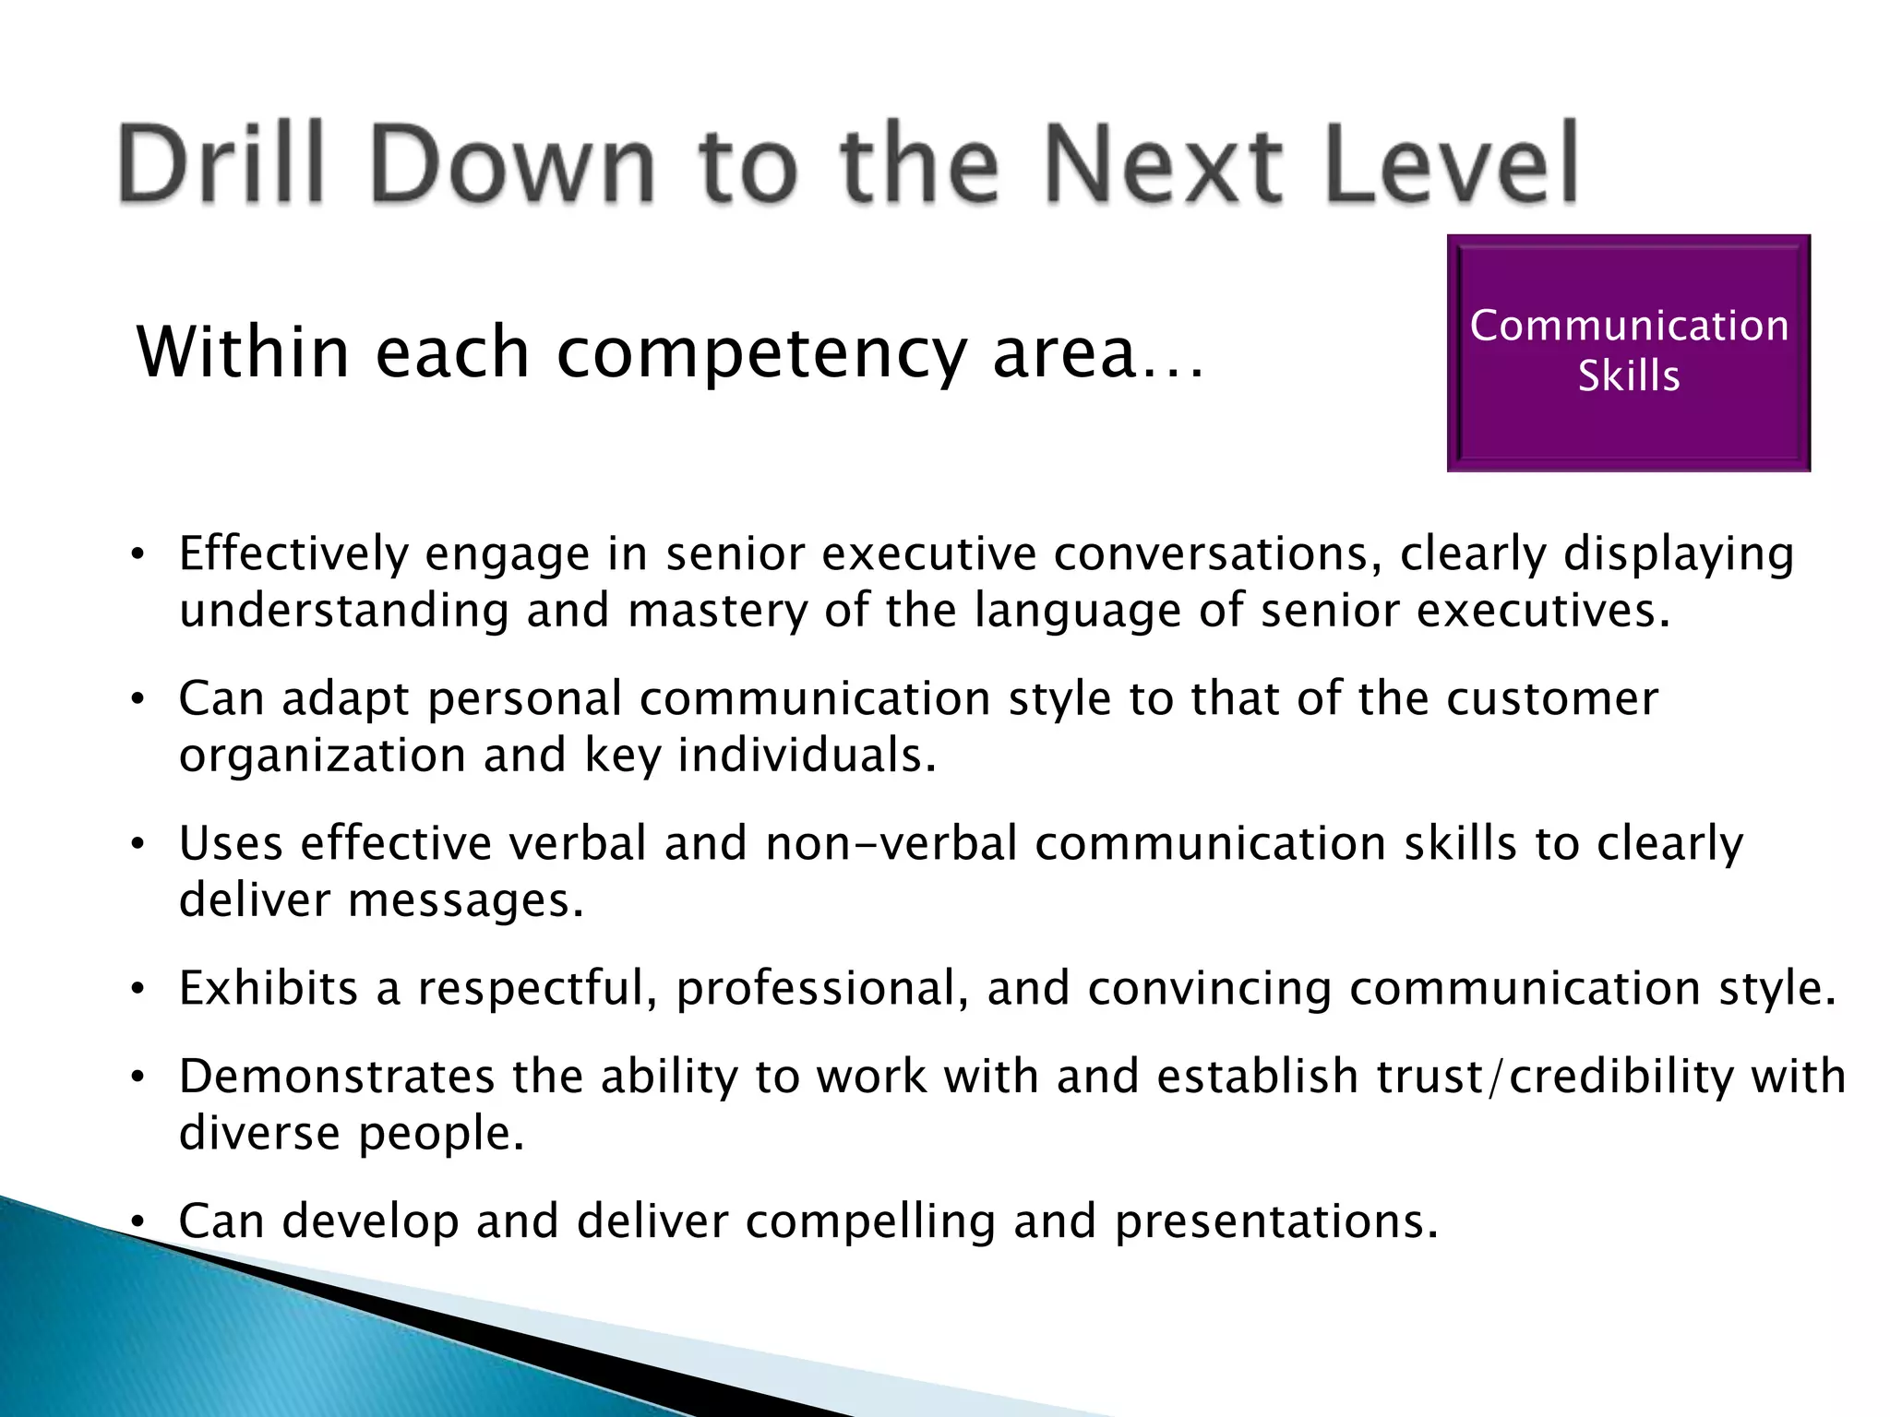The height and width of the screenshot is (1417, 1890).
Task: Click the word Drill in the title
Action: click(x=222, y=164)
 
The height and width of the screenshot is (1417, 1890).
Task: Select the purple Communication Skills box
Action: click(x=1628, y=352)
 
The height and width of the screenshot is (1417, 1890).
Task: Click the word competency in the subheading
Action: click(x=762, y=354)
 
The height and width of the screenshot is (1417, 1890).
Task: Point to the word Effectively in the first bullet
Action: click(x=293, y=554)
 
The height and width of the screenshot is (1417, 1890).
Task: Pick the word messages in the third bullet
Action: click(x=465, y=900)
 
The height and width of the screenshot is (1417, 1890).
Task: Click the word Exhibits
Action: click(x=269, y=988)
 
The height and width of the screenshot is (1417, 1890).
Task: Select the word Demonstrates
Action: click(x=337, y=1077)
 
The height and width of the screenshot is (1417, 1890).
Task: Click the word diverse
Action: click(x=259, y=1133)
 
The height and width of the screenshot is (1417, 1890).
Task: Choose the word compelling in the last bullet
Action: click(x=870, y=1221)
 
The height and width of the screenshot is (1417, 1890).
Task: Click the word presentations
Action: click(x=1276, y=1221)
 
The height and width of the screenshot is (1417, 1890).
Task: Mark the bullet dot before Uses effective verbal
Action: click(x=137, y=844)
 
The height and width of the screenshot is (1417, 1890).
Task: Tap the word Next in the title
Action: click(x=1164, y=164)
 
